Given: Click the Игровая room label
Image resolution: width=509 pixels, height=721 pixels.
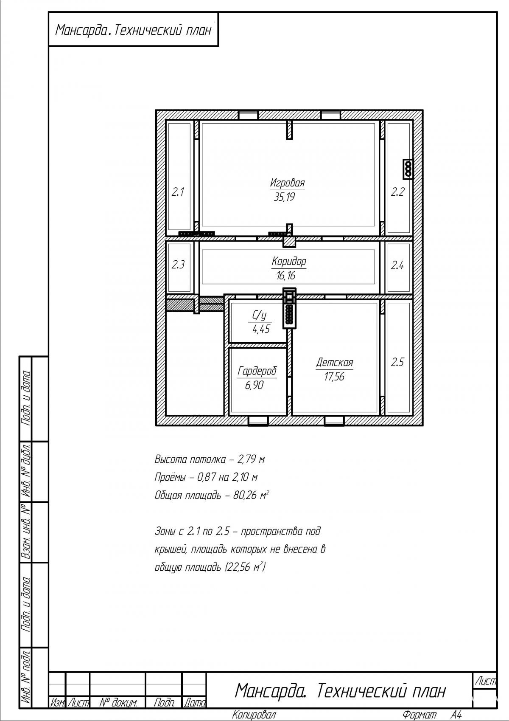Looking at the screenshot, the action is click(x=287, y=183).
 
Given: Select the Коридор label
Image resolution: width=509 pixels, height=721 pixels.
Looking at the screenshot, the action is click(x=289, y=262).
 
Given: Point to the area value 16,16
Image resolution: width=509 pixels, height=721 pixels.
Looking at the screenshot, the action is click(x=285, y=276).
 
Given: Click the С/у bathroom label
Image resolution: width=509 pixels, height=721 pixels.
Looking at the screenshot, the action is click(x=259, y=316).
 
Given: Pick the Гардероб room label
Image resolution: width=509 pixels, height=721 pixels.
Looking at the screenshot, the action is click(x=257, y=371).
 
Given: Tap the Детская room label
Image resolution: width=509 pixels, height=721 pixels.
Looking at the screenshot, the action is click(x=334, y=363).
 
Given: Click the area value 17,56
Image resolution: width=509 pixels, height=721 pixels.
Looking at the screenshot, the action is click(x=334, y=377).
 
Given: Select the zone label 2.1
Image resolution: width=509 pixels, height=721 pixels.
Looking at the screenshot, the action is click(x=177, y=192).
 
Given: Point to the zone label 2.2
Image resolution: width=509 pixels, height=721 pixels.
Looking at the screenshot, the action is click(x=397, y=192).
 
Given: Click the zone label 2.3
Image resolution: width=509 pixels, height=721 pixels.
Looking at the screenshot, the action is click(x=178, y=265).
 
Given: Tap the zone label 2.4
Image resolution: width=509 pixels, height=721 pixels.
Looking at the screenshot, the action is click(x=397, y=265).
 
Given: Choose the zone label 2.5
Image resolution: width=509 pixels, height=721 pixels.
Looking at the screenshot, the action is click(x=397, y=363).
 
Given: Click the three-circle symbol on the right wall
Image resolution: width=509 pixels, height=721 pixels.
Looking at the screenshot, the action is click(x=408, y=169).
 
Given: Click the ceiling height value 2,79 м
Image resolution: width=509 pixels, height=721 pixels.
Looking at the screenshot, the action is click(x=251, y=459).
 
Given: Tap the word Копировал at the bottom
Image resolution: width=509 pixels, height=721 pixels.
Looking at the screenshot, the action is click(x=254, y=715).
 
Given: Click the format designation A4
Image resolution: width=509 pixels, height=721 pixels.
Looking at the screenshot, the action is click(x=456, y=715).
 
